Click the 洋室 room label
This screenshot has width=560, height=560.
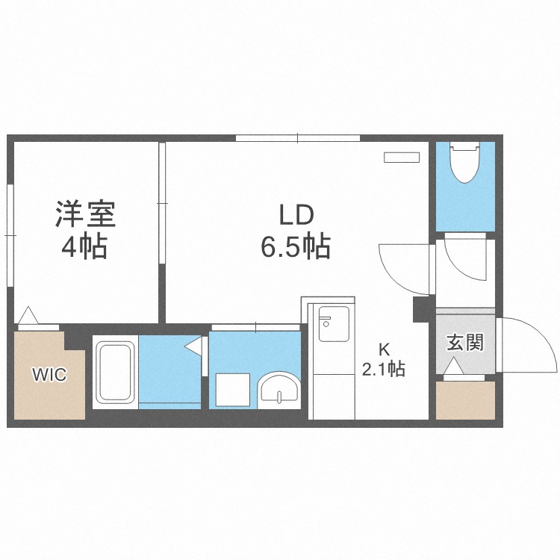[84, 214]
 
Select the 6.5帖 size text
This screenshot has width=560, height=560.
[296, 246]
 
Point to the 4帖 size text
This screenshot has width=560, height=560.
[84, 246]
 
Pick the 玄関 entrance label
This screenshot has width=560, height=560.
[465, 343]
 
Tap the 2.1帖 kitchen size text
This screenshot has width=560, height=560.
[384, 368]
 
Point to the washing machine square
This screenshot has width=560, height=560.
[231, 388]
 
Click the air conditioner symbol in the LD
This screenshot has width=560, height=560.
[402, 158]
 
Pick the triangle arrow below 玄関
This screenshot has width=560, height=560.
[453, 368]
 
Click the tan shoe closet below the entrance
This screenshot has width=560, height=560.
[465, 400]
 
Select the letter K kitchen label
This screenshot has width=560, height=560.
[384, 349]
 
